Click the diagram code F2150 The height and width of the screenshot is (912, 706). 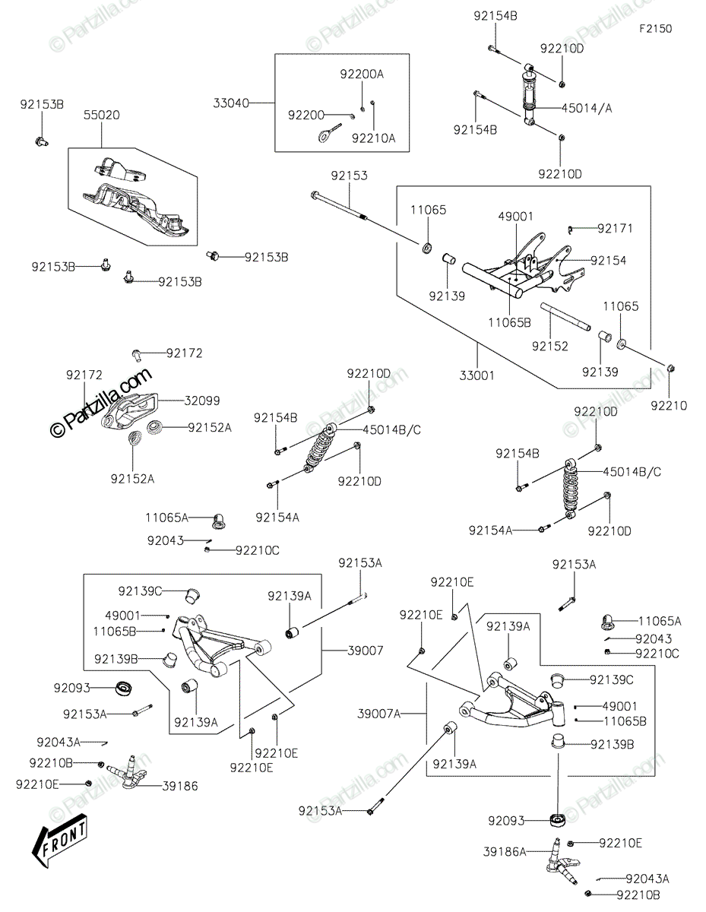point(655,29)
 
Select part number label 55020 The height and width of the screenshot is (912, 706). point(101,115)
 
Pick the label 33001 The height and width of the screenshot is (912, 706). point(477,374)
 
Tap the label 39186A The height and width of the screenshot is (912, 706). point(505,852)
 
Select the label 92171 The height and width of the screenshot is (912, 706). point(615,228)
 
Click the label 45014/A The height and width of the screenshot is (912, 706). point(587,108)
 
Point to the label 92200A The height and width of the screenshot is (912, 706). point(362,74)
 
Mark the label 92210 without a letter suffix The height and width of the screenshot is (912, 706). point(669,406)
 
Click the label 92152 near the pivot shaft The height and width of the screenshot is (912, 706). point(549,347)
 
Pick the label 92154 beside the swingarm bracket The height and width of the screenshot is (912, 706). point(609,260)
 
